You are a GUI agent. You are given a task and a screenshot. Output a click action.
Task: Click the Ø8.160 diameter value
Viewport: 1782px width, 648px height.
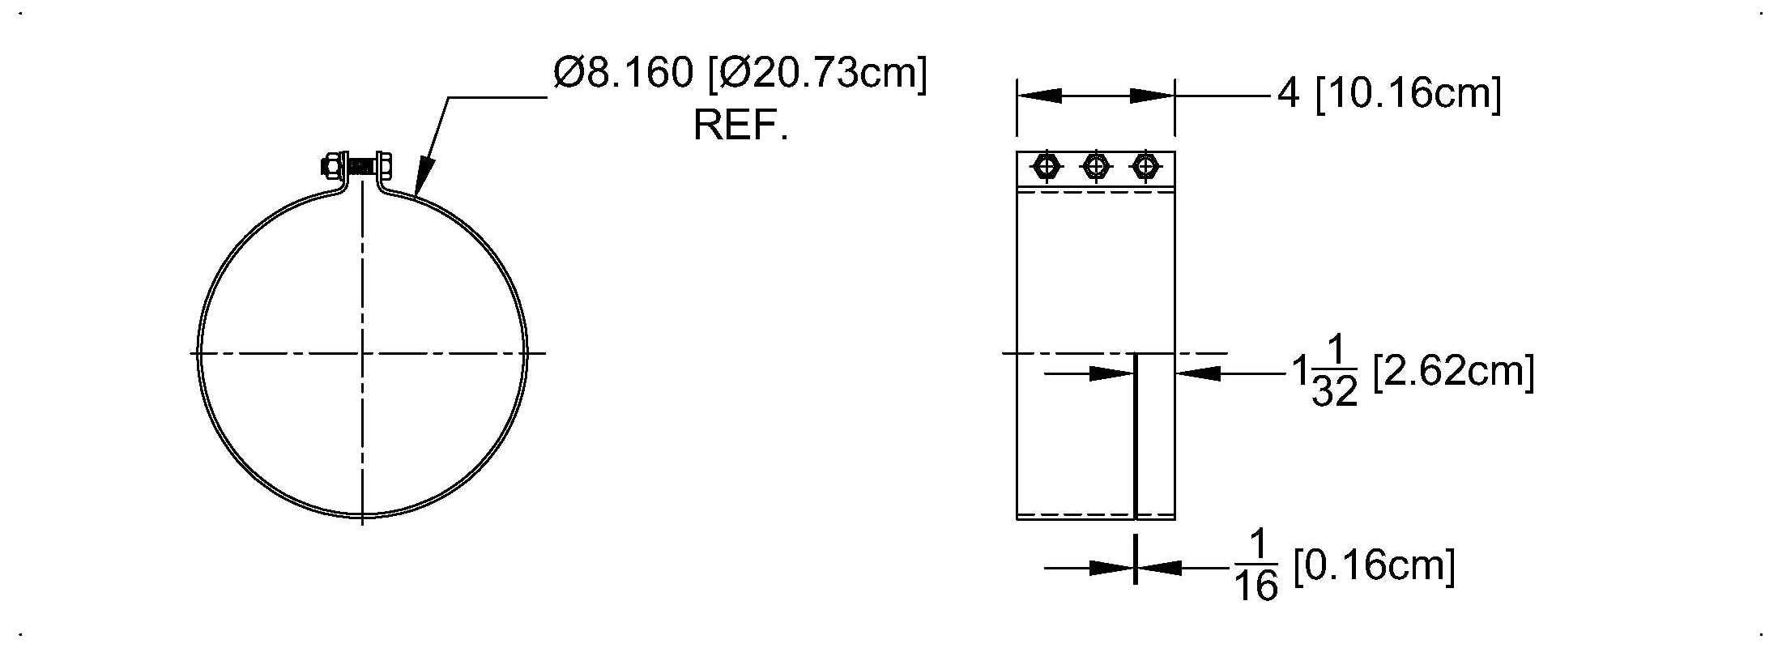(624, 74)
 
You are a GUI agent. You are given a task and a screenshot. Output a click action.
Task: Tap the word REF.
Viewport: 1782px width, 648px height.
(740, 126)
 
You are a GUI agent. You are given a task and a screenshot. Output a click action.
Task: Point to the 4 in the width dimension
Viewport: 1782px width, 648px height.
(1289, 94)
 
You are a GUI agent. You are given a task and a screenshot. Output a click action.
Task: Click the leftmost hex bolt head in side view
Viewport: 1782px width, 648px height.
(1047, 167)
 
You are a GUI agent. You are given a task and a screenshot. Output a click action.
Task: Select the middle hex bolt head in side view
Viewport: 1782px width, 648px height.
(1096, 167)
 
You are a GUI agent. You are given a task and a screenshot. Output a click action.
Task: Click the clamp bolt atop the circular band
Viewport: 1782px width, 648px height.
(356, 167)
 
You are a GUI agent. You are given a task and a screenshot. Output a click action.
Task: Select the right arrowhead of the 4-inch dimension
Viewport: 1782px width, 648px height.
(1153, 96)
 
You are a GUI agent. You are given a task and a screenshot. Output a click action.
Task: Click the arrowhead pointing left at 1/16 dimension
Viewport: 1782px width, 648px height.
(1159, 568)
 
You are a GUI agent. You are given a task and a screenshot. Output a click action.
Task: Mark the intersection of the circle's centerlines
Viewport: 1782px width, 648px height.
(362, 353)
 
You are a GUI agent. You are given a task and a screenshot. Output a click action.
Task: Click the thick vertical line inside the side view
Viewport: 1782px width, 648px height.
(1136, 436)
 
